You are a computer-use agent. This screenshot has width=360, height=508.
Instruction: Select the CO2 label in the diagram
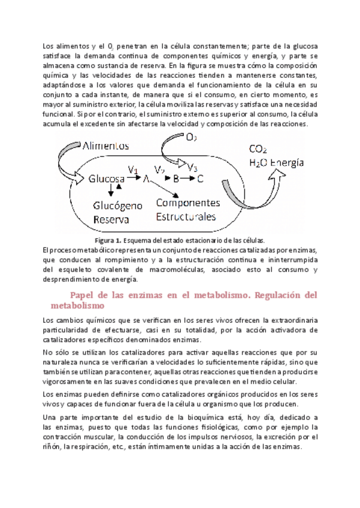(258, 150)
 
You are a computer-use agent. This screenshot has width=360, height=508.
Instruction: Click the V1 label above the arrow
(133, 168)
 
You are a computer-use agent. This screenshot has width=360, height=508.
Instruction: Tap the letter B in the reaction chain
(176, 179)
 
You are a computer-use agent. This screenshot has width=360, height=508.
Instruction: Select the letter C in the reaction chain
(199, 179)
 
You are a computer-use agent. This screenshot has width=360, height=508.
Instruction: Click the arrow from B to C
(188, 179)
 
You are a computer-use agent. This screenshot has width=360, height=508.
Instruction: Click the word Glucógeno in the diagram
(117, 205)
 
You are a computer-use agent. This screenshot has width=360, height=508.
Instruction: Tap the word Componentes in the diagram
(187, 202)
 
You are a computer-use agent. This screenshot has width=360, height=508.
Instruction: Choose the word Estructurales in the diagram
(186, 216)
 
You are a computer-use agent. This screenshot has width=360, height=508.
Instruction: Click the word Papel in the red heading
(84, 295)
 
